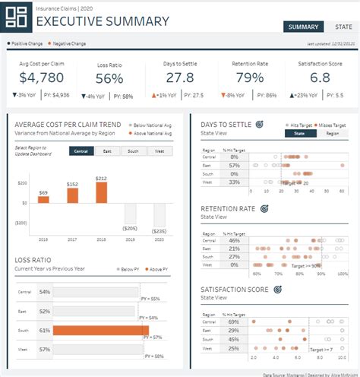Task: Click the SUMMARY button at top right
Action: [x=303, y=27]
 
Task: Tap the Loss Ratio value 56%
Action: [x=109, y=78]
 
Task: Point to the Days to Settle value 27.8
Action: [x=179, y=78]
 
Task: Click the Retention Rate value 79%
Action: [x=248, y=78]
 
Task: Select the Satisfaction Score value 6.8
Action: [x=320, y=78]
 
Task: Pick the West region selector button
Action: [x=159, y=150]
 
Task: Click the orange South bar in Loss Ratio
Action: [x=101, y=331]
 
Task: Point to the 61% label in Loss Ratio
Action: [x=45, y=331]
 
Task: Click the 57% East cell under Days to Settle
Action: [x=234, y=165]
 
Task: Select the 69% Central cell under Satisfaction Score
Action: [x=234, y=323]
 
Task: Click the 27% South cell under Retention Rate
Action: [x=234, y=257]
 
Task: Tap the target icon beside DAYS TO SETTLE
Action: [x=259, y=124]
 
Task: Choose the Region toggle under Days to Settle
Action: [x=332, y=133]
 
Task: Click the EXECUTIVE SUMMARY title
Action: [x=103, y=21]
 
